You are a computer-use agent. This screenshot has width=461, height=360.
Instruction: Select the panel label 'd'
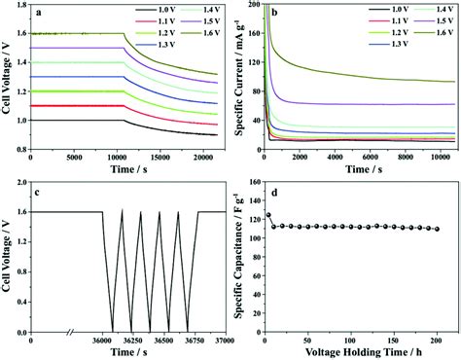coord(275,194)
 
